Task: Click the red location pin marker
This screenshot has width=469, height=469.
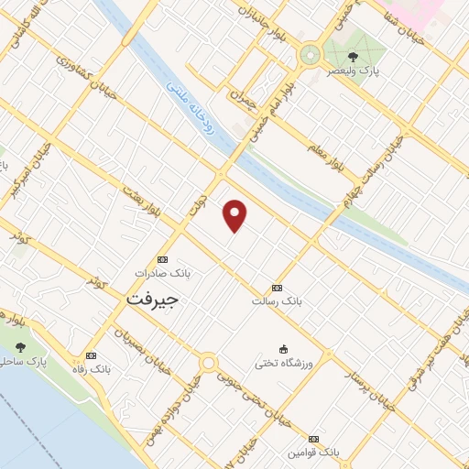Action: [235, 214]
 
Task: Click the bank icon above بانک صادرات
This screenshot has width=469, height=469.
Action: [162, 259]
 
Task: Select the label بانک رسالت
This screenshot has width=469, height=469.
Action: [277, 300]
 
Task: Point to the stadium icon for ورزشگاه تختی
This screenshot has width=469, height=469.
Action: [283, 349]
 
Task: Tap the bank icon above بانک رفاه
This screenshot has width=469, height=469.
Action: [91, 355]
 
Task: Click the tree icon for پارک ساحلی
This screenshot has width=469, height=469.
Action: [20, 348]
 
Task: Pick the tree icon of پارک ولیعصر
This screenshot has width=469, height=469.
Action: [353, 56]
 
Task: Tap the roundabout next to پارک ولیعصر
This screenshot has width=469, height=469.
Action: [310, 55]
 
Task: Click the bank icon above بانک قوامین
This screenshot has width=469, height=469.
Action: [314, 440]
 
